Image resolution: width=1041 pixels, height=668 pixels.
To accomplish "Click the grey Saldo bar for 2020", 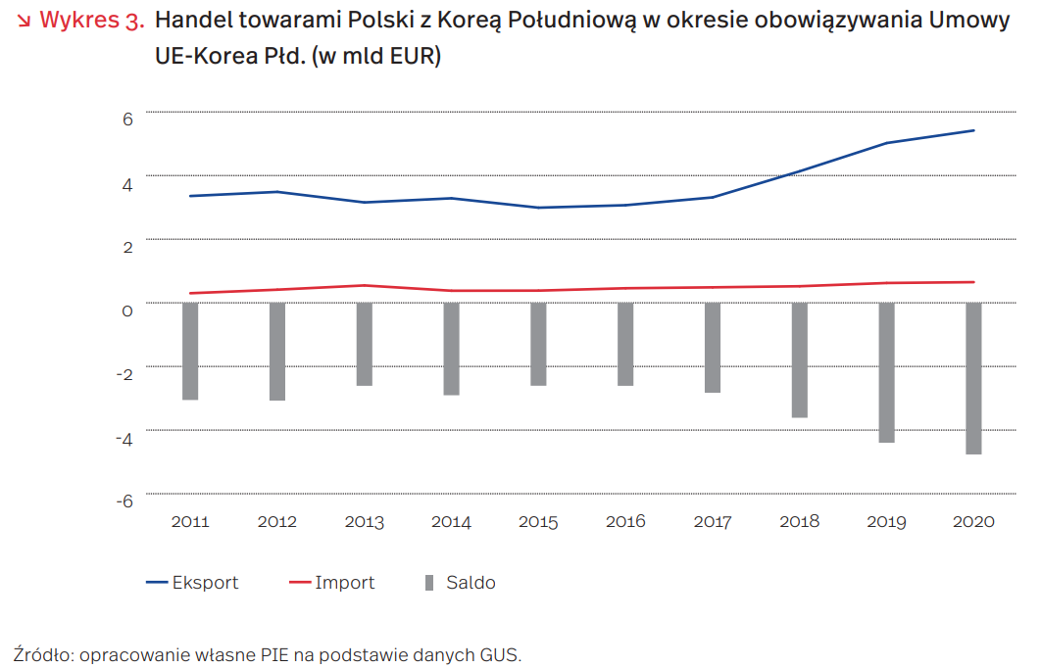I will click(973, 378).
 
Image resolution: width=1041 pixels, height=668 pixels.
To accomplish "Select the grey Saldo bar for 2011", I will click(190, 351).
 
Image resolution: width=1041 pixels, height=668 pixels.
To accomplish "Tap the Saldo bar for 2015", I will click(538, 344).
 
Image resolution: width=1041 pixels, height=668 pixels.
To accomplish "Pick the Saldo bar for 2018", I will click(800, 359).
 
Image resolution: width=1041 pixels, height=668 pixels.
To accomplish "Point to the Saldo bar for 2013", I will click(365, 344).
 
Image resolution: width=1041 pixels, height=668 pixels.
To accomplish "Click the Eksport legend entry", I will click(193, 583).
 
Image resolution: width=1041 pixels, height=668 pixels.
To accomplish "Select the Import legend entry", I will click(332, 583).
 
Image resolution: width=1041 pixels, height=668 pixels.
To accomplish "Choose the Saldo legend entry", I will click(461, 583).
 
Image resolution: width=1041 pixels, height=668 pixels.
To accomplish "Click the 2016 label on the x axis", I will click(625, 521).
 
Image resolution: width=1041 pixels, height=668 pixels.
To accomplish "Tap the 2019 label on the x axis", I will click(886, 521).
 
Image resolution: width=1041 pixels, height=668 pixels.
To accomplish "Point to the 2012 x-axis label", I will click(277, 521).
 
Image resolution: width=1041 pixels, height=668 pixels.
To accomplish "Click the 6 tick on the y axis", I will click(126, 119).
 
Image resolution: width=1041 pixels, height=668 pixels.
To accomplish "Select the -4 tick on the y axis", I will click(124, 437).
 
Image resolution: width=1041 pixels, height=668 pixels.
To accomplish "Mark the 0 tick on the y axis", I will click(126, 310).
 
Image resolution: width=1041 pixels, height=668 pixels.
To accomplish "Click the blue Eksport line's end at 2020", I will click(973, 130).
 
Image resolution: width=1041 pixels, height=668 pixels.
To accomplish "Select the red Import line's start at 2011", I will click(190, 293).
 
